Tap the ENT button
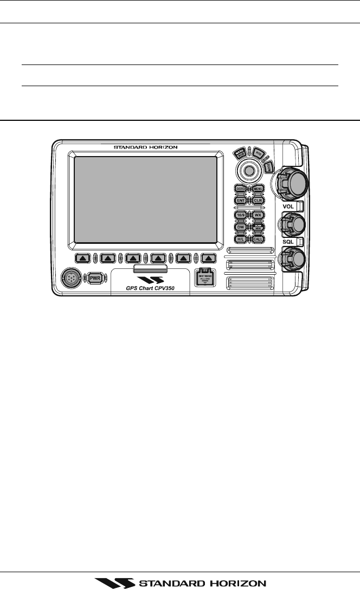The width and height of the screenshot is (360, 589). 241,200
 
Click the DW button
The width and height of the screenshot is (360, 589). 241,227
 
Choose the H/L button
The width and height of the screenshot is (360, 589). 241,239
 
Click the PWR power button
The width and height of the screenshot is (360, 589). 95,277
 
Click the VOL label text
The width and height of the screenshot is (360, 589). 288,206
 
